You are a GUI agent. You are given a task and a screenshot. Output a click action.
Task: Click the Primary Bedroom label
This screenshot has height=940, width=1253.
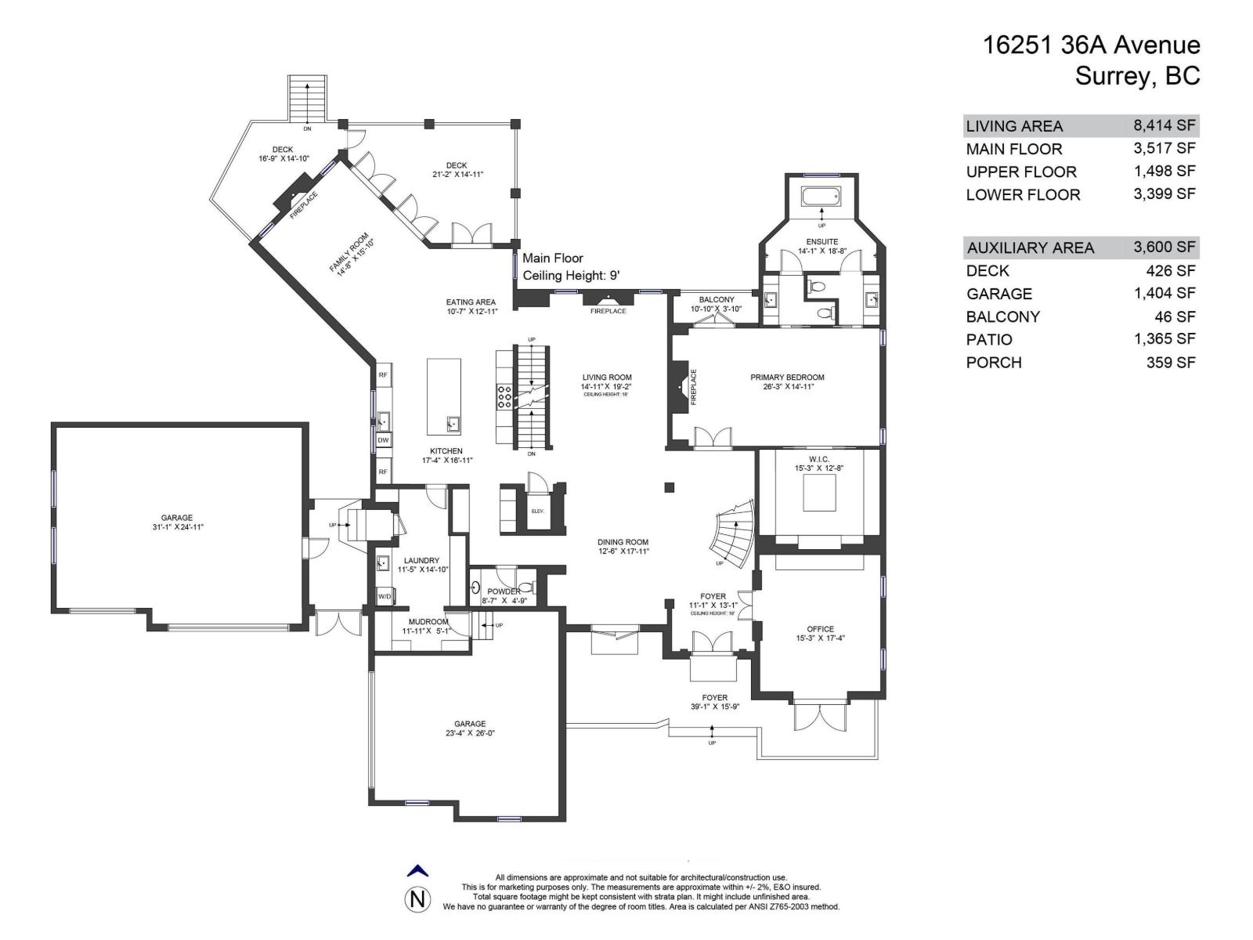[x=787, y=377]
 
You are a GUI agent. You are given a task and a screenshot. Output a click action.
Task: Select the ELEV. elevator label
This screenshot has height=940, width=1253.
[x=537, y=511]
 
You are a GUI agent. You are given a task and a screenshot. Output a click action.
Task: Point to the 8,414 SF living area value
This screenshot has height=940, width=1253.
[x=1164, y=125]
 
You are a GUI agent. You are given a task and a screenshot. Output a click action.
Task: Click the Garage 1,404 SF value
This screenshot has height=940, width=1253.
[x=1164, y=293]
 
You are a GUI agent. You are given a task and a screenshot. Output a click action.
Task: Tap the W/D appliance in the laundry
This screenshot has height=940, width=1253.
[x=385, y=597]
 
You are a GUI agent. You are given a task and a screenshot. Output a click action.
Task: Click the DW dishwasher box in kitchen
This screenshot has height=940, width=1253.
[x=383, y=440]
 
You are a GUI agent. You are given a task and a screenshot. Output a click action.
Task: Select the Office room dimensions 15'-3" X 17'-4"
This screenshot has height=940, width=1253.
[x=820, y=638]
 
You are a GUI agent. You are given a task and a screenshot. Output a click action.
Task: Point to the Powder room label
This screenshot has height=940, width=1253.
[x=503, y=591]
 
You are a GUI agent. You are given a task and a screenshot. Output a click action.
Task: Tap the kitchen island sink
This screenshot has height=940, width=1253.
[x=452, y=424]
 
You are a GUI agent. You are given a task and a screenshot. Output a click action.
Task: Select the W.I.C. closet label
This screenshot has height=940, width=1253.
[x=819, y=459]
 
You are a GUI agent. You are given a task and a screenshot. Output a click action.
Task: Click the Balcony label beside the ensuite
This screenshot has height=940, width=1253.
[x=717, y=299]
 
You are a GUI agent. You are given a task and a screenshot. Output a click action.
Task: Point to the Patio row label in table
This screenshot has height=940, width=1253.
[x=989, y=339]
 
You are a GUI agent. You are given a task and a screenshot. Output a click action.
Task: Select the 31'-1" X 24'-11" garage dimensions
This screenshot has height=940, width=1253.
[x=177, y=527]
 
